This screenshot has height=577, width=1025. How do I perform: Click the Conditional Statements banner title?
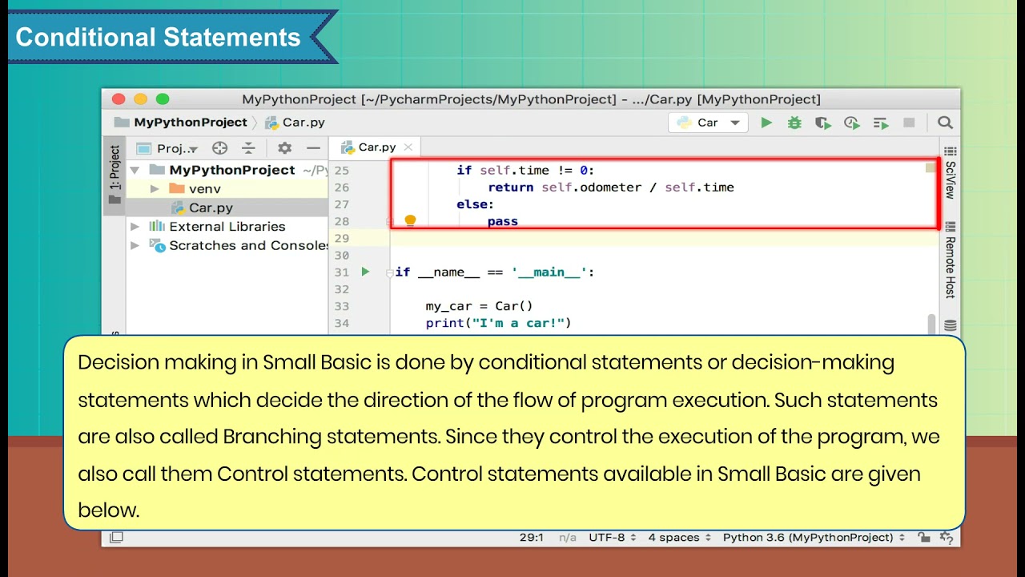[158, 38]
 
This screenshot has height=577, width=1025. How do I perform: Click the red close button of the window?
[119, 99]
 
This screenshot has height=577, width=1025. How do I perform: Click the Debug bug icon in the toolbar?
[794, 123]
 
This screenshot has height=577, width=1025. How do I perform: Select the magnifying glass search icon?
[945, 123]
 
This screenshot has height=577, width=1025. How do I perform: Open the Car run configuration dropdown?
[708, 123]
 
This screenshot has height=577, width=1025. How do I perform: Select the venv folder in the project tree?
[204, 189]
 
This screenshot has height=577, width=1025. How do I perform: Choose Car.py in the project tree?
[211, 208]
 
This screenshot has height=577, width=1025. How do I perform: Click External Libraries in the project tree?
[227, 227]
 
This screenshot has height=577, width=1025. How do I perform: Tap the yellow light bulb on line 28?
[410, 221]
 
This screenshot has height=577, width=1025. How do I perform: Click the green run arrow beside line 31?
[365, 272]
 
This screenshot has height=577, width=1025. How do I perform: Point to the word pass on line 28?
[502, 221]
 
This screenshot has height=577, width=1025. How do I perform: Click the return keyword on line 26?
[510, 188]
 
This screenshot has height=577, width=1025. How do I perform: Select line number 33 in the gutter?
[341, 306]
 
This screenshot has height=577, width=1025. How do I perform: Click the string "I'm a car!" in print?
[521, 323]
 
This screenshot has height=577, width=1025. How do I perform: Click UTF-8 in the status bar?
[612, 538]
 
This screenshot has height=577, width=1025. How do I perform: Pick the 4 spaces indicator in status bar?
[673, 538]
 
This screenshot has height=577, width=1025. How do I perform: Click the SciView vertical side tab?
[951, 180]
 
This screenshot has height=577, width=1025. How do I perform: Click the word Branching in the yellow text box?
[272, 437]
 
